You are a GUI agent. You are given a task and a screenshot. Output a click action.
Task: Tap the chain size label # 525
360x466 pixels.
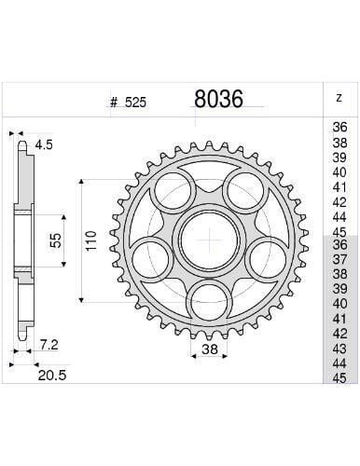pos(126,103)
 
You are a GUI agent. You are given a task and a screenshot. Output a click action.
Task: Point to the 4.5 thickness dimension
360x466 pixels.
pos(44,144)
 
